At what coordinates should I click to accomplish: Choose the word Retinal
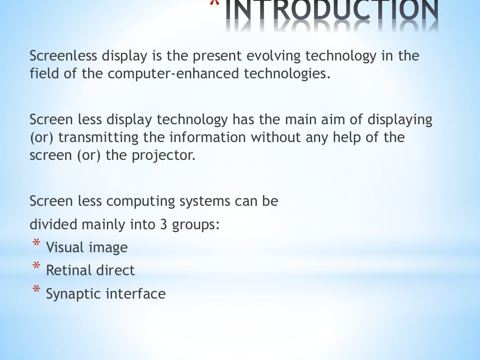click(x=69, y=270)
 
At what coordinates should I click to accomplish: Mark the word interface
click(x=135, y=294)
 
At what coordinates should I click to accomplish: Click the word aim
click(x=335, y=120)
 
